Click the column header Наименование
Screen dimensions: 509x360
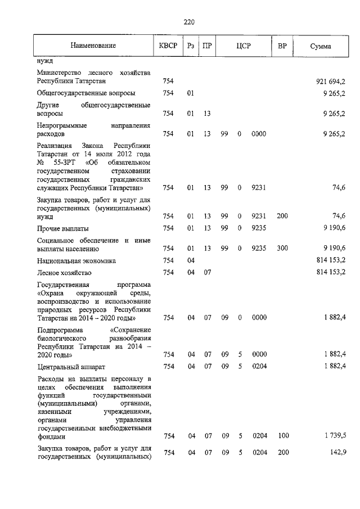pos(93,46)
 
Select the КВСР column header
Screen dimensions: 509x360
pos(167,46)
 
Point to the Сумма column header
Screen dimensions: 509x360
pos(321,46)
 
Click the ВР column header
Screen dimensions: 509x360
pos(282,46)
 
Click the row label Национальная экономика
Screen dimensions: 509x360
pos(76,260)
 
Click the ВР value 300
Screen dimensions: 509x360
pos(282,248)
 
